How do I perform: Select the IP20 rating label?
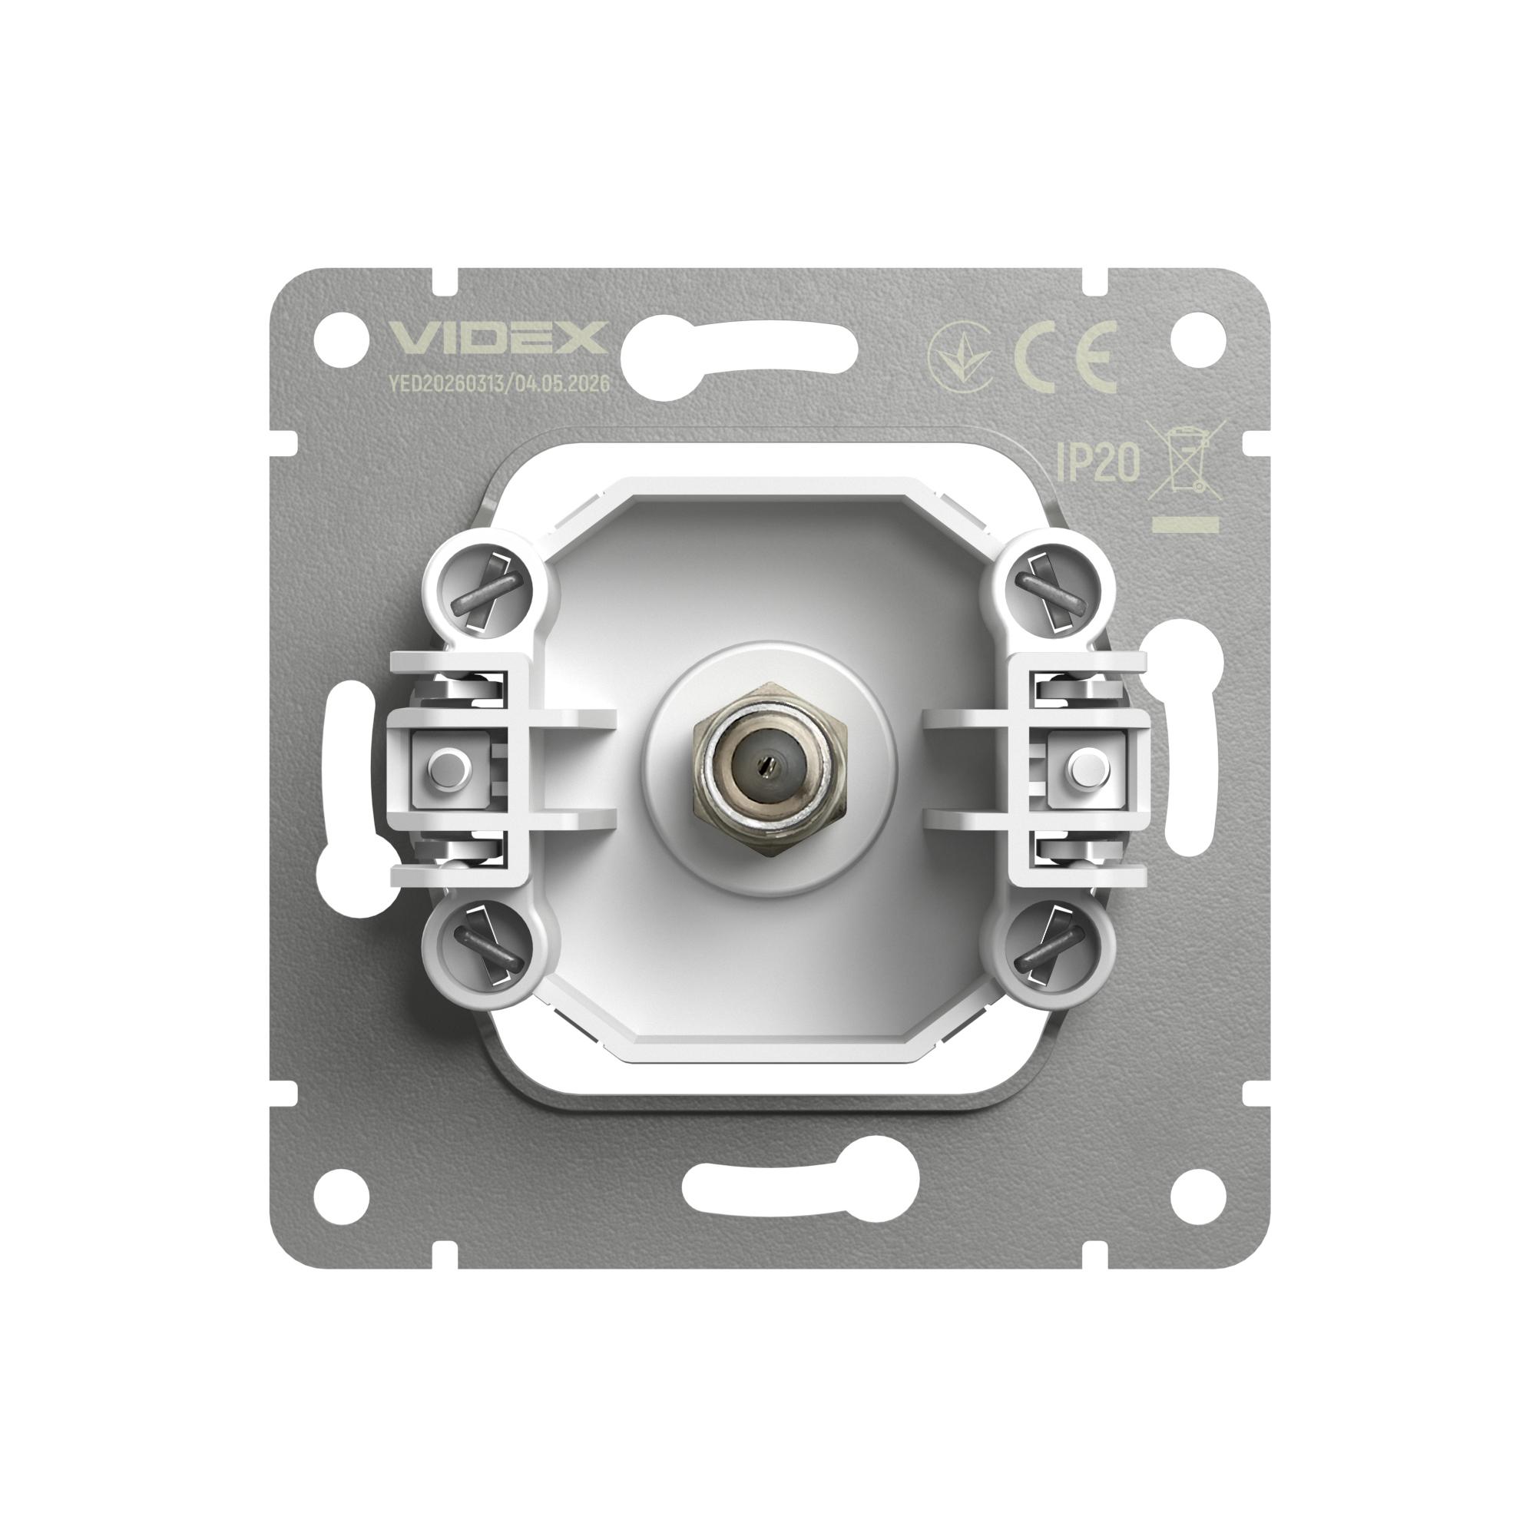[x=1098, y=462]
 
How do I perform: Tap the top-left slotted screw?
[x=488, y=588]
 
